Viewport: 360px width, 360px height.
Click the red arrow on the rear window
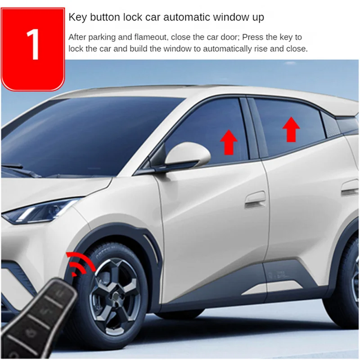pos(291,129)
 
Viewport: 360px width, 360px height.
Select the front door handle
pos(255,198)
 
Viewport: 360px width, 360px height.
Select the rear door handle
pos(350,188)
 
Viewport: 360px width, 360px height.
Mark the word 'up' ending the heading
pos(258,18)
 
